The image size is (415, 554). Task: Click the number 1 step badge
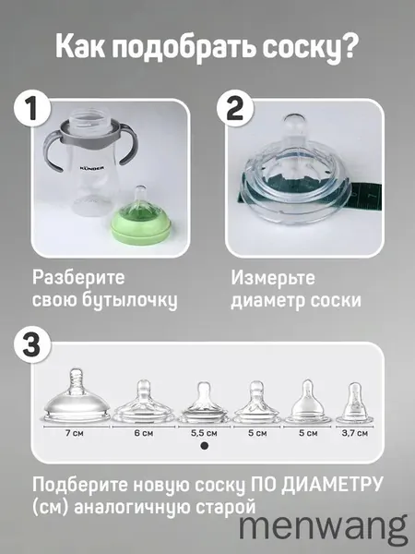coord(32,108)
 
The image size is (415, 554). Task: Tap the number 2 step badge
coord(235,108)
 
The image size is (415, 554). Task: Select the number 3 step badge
coord(32,344)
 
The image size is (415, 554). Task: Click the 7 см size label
coord(74,433)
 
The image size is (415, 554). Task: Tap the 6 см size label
coord(144,433)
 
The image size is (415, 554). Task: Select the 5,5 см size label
coord(205,433)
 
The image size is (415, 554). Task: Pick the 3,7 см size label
coord(355,433)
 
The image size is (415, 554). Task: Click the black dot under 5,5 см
coord(204,446)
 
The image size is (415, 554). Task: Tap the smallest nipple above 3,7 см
coord(355,403)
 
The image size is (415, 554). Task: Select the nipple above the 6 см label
coord(144,402)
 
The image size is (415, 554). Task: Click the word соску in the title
coord(302,47)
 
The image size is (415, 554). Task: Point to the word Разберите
coord(78,277)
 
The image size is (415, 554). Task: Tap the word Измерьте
coord(273,278)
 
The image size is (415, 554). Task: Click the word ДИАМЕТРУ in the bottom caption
coord(332,485)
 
